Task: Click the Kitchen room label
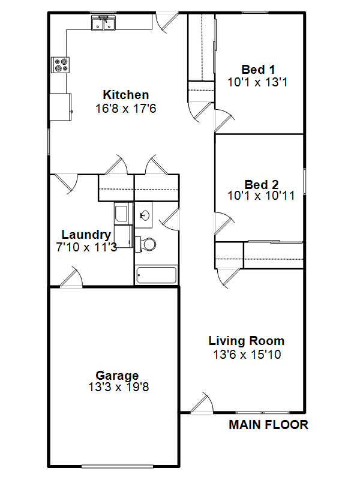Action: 126,95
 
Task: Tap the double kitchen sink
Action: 103,23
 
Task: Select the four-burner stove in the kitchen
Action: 61,65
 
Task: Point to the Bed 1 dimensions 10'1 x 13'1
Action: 257,82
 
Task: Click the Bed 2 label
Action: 262,185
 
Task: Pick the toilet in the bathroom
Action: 145,244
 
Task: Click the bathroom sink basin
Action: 144,215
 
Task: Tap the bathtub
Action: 157,275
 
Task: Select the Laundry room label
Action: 86,235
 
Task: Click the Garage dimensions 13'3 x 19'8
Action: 118,387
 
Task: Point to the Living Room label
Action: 247,341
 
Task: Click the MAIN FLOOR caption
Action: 268,425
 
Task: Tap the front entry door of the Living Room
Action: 202,403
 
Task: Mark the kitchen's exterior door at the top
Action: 167,22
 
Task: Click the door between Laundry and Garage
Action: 71,277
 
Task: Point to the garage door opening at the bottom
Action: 117,467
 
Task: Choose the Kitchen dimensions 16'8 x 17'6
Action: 126,109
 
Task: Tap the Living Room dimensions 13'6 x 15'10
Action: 247,355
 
